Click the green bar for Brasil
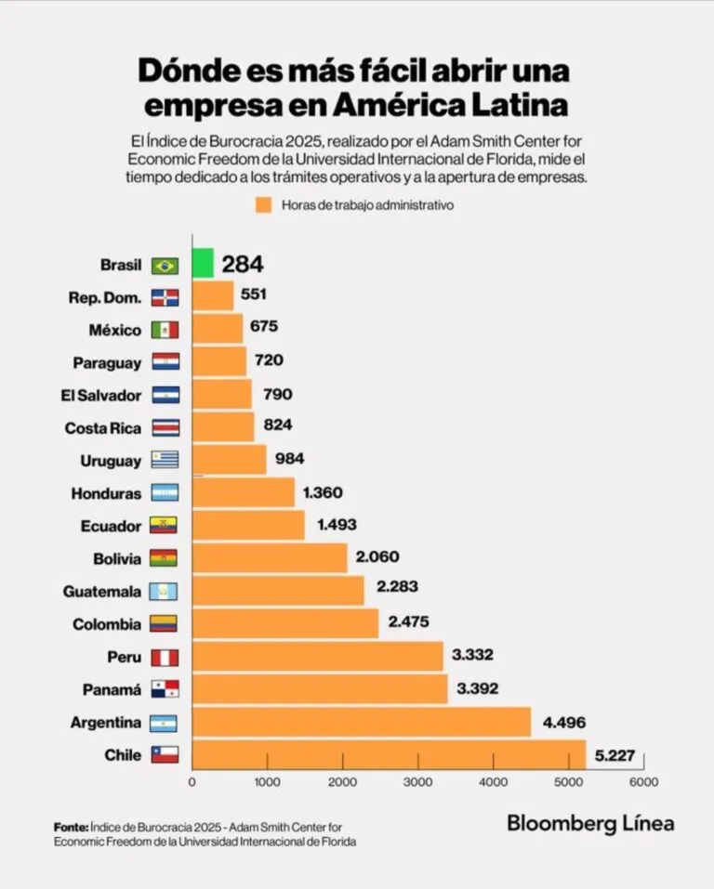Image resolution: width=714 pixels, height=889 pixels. (203, 264)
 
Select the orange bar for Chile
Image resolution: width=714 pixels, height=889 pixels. (389, 754)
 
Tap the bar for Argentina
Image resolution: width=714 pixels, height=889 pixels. (361, 722)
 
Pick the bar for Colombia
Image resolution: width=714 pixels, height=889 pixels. (285, 623)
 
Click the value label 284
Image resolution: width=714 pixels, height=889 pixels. (242, 265)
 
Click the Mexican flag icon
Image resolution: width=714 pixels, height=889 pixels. (165, 330)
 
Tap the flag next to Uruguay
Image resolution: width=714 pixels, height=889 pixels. (165, 461)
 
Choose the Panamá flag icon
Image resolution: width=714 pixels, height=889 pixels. (165, 689)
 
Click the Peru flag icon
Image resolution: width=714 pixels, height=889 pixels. (165, 657)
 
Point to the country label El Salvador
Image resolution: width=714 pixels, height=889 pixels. (100, 396)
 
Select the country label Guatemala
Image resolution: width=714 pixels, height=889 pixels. (102, 592)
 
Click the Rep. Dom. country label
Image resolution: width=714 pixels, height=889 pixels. (105, 297)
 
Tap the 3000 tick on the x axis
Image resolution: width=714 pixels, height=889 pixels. (417, 782)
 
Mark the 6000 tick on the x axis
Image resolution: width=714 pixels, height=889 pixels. (643, 782)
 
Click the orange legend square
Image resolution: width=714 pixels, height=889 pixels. (263, 205)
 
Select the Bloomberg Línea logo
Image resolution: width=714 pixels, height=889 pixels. (590, 823)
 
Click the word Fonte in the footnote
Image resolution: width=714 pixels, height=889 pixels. (71, 827)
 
